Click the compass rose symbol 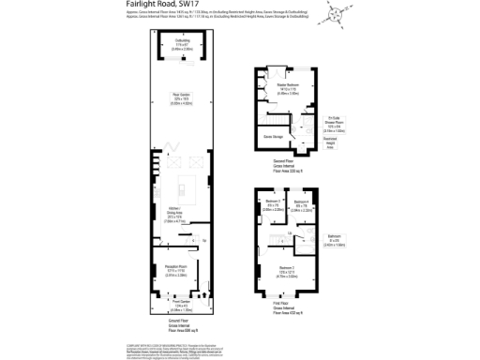334,11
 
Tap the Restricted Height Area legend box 331,142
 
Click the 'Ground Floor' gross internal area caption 182,327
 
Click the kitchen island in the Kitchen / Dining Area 197,185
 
